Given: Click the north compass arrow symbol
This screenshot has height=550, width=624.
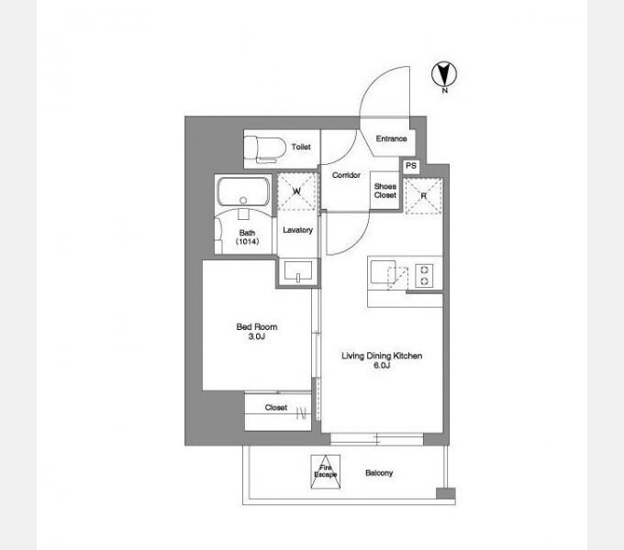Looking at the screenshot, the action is click(x=444, y=74).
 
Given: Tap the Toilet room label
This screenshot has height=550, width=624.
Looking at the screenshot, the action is click(x=301, y=147).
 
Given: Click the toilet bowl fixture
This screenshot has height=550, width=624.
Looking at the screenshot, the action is click(x=265, y=149).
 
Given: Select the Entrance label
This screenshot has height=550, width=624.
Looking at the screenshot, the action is click(x=391, y=138).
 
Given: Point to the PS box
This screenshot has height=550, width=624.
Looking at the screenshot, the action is click(x=411, y=166).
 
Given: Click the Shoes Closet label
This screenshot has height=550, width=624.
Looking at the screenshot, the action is click(x=384, y=191).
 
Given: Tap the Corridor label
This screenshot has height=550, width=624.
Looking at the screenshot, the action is click(x=346, y=175).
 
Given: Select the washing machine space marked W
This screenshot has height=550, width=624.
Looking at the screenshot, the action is click(x=296, y=192).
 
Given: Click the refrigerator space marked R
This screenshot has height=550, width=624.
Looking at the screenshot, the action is click(x=423, y=196).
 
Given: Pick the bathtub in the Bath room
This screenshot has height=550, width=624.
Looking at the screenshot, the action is click(x=243, y=192).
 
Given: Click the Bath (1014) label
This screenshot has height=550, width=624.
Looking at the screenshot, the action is click(x=247, y=236).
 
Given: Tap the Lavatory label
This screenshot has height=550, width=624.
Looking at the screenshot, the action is click(x=297, y=230).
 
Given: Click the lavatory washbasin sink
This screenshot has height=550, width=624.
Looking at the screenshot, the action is click(x=298, y=271).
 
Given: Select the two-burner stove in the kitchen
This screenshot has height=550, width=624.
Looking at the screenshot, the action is click(x=424, y=275).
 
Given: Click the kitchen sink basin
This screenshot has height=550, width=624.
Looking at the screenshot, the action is click(x=383, y=272).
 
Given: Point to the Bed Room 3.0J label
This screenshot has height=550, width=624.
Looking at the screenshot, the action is click(x=257, y=332).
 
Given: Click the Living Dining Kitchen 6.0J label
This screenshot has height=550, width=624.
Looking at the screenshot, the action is click(x=382, y=360).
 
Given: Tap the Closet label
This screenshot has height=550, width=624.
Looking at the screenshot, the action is click(x=276, y=407).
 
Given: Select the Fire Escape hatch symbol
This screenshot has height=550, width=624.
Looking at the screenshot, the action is click(x=326, y=472).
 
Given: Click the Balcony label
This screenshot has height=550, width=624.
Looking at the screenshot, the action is click(x=379, y=472).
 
